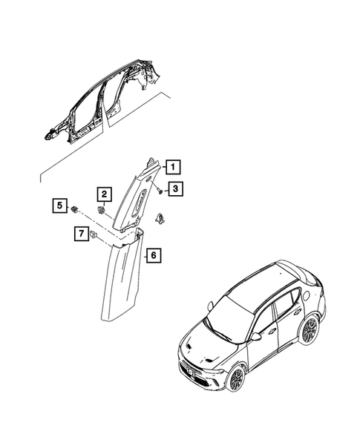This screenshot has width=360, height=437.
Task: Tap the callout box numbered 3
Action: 175,189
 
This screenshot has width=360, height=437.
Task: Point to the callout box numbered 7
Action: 78,234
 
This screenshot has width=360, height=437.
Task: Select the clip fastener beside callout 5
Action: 75,208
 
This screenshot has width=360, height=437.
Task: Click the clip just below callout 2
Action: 101,211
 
